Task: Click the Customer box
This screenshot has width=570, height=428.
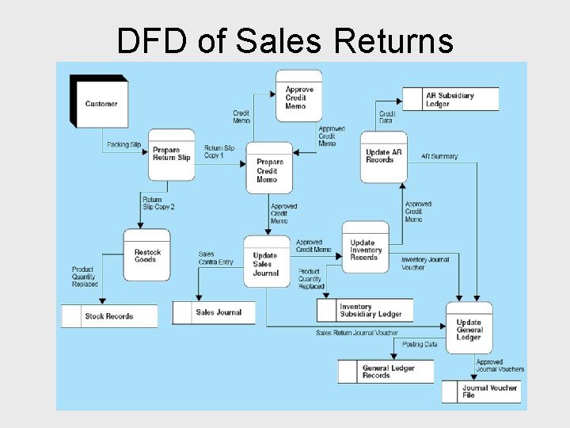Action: click(100, 103)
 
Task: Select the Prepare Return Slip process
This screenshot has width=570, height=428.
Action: click(171, 154)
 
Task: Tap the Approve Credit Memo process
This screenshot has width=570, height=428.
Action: click(298, 97)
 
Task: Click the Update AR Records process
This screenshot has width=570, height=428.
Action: click(384, 156)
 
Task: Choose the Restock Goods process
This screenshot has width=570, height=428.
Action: click(146, 255)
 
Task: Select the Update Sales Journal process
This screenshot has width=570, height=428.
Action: click(266, 263)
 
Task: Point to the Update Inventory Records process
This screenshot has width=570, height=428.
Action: click(365, 250)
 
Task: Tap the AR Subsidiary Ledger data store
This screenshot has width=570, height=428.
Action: click(450, 100)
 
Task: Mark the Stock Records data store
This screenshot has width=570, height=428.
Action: click(108, 316)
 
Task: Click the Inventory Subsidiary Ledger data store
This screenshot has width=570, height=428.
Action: click(370, 310)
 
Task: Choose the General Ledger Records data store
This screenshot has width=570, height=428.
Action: click(388, 372)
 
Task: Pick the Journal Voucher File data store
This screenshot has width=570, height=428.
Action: click(488, 392)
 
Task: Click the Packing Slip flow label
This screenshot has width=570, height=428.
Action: click(124, 145)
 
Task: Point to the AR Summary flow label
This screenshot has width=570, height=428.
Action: click(439, 157)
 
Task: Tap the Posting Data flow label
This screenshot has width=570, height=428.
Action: click(420, 345)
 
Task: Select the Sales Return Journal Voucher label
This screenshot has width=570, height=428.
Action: click(356, 333)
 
